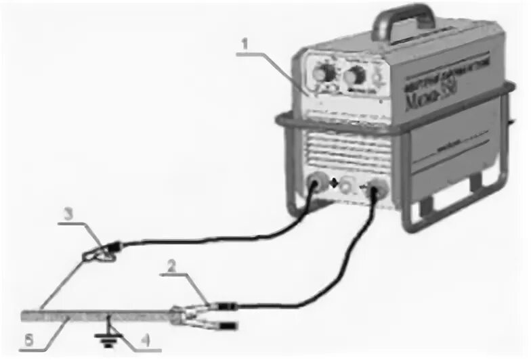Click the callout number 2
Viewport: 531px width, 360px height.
click(x=173, y=267)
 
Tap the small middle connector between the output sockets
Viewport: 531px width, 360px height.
click(x=347, y=185)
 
